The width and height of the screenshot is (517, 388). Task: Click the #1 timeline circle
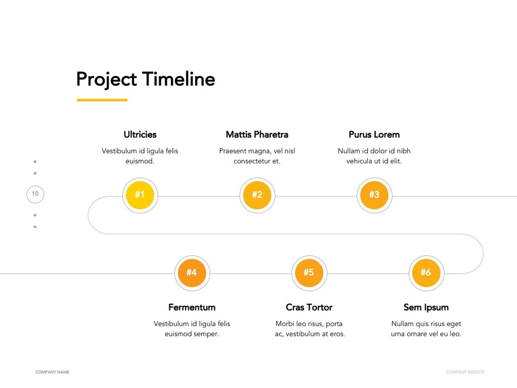[140, 195]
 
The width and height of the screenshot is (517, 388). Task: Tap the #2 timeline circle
[257, 195]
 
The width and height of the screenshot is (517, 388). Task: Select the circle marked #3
[374, 195]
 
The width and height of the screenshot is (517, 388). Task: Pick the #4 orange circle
[192, 273]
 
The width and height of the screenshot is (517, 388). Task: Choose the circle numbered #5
[309, 273]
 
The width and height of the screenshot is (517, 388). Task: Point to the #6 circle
[427, 273]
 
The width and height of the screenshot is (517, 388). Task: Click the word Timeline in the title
[178, 79]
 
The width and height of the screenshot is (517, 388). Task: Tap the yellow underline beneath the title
[102, 100]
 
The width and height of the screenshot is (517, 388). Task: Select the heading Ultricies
[140, 135]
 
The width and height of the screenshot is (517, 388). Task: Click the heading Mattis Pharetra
[257, 135]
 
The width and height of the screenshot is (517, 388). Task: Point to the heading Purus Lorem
[374, 135]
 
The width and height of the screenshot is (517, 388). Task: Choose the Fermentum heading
[192, 307]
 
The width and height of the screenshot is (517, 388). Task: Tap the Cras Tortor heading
[309, 307]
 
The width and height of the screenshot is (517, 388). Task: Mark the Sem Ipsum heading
[426, 308]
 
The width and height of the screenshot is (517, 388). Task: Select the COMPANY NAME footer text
[52, 372]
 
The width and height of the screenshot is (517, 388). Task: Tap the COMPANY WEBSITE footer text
[465, 372]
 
